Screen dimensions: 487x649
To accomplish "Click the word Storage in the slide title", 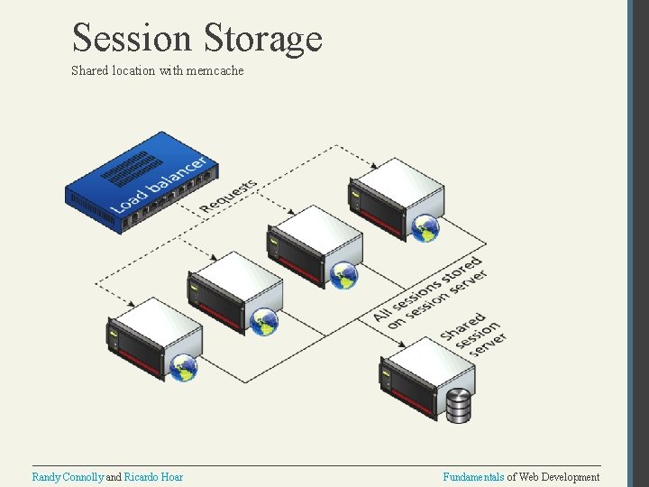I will point(263,39).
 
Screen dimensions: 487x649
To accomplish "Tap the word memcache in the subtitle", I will point(215,70).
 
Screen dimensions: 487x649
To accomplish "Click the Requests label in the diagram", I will point(229,197).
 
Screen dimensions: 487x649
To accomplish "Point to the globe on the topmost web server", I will point(425,228).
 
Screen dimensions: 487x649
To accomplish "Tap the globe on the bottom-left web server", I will point(185,367).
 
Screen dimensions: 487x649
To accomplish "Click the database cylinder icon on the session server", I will point(459,406).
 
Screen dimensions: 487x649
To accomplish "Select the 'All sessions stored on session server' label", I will point(430,291).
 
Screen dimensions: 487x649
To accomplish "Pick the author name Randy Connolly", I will point(68,477).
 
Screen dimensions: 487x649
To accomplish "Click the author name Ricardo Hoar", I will point(153,477).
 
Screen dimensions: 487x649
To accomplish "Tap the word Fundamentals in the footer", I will point(473,477).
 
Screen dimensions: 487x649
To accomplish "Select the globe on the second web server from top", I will point(344,276).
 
